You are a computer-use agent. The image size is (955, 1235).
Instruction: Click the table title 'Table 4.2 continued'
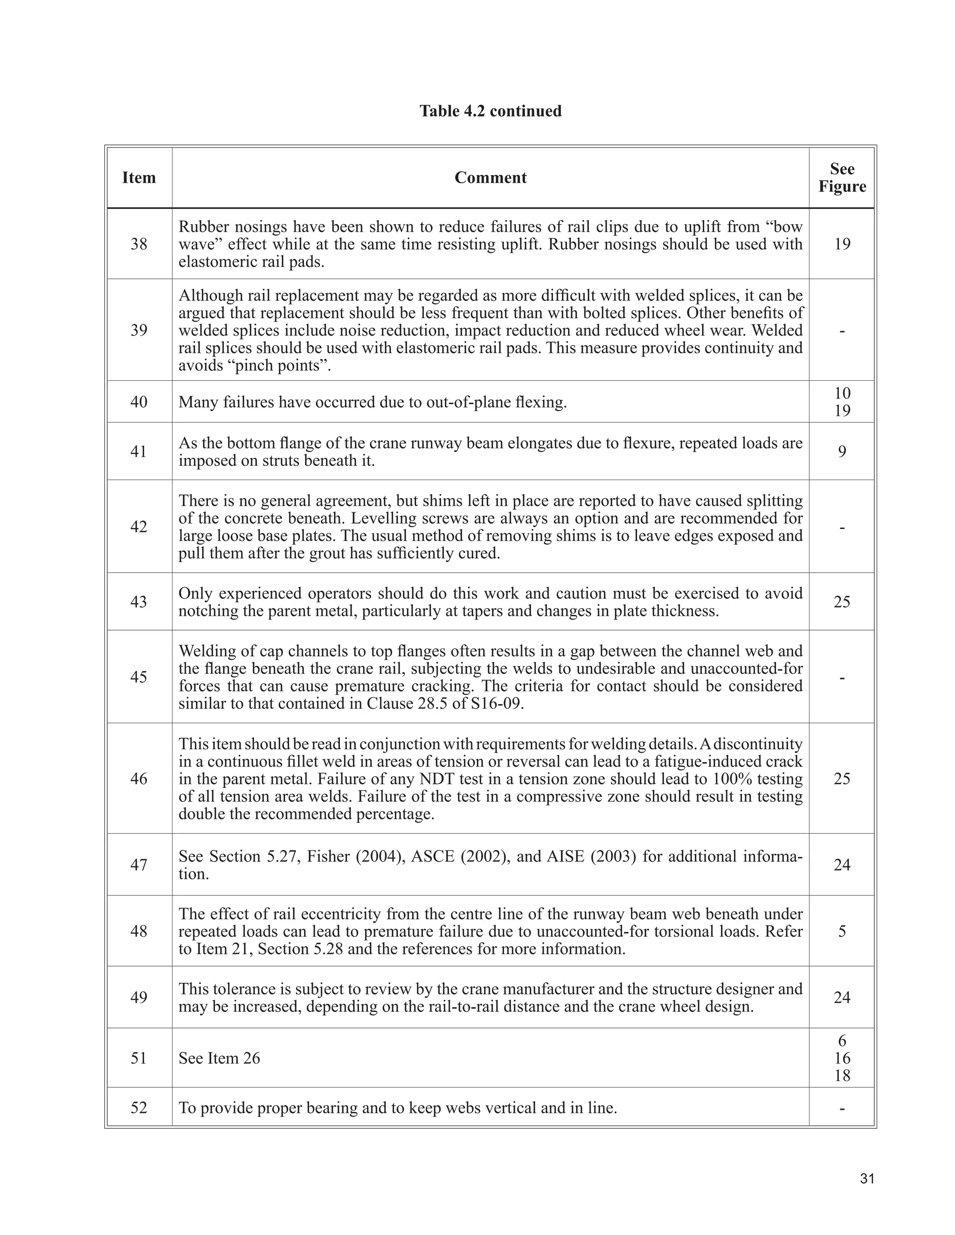(x=490, y=111)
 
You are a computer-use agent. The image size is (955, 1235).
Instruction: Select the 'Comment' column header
(x=490, y=178)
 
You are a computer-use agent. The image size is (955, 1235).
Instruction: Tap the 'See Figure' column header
(x=841, y=178)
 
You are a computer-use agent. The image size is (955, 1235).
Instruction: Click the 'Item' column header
(x=138, y=178)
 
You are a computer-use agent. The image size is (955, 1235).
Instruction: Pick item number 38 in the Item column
(x=138, y=244)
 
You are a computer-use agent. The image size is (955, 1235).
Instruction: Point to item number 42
(x=138, y=527)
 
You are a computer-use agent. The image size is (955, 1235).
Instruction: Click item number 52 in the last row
(x=138, y=1107)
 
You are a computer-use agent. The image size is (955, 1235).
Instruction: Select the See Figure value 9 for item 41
(x=841, y=451)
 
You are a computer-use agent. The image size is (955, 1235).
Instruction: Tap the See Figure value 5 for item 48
(x=841, y=931)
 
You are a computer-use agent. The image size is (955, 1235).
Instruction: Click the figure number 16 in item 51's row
(x=841, y=1058)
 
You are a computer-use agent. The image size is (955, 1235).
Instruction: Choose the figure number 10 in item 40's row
(x=841, y=393)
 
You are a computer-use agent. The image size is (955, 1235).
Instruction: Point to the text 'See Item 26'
(x=219, y=1058)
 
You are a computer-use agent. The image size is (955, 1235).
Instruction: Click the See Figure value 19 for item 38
(x=841, y=244)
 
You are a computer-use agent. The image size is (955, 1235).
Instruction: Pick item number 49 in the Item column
(x=138, y=997)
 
